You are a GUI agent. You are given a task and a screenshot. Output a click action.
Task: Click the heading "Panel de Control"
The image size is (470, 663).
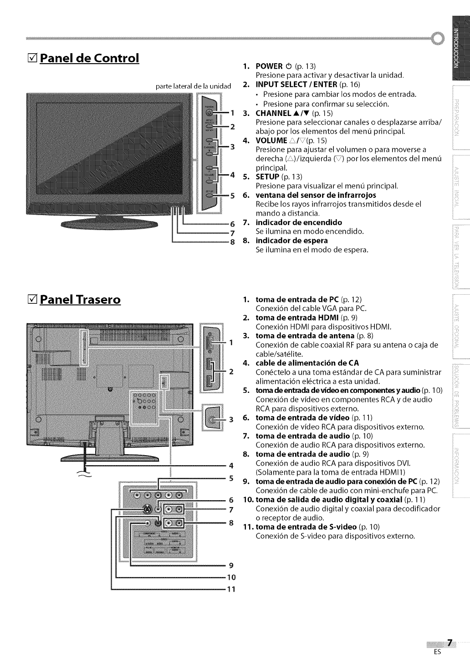click(89, 59)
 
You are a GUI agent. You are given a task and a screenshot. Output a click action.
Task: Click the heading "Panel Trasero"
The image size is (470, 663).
click(80, 300)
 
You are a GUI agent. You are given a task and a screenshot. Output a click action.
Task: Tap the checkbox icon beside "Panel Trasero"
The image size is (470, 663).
click(31, 300)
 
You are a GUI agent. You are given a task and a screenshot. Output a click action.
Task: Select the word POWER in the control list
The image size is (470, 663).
click(269, 66)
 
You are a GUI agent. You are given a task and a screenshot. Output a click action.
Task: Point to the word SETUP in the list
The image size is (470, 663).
click(267, 176)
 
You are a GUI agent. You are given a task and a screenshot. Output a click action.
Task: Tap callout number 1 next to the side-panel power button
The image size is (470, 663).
click(232, 112)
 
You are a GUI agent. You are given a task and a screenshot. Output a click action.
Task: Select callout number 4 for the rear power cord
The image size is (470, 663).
click(231, 465)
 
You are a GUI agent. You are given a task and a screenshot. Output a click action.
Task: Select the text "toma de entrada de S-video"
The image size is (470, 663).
click(306, 527)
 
